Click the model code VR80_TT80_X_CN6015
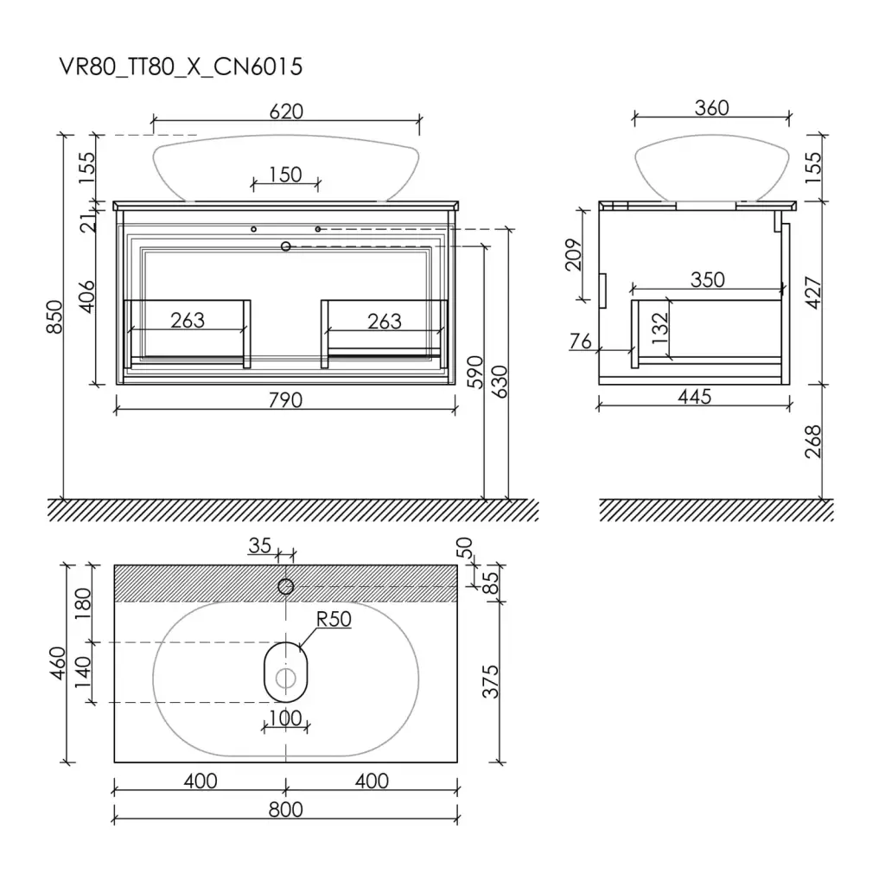[181, 67]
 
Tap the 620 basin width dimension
[286, 112]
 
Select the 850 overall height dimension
[54, 316]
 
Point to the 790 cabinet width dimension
[285, 399]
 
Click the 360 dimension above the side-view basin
[712, 108]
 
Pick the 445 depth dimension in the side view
[694, 396]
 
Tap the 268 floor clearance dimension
[812, 442]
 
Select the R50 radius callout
[334, 619]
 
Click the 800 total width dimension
[285, 809]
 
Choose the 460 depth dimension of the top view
[58, 663]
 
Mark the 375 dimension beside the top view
[491, 681]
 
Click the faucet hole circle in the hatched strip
[285, 587]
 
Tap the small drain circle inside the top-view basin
[285, 678]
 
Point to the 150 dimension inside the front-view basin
[285, 175]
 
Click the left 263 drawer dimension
[188, 320]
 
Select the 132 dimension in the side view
[659, 328]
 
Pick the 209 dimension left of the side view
[574, 255]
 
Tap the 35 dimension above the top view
[259, 545]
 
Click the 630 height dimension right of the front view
[500, 381]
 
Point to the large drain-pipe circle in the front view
[285, 246]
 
